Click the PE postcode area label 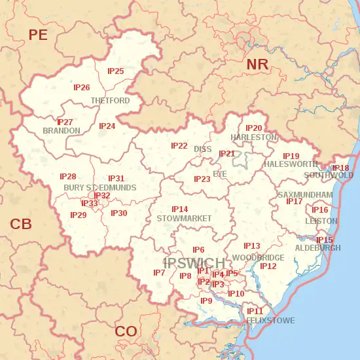point(38,35)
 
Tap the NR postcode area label point(257,64)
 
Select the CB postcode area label point(21,225)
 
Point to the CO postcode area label point(126,331)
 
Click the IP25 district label point(116,71)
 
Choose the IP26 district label point(82,87)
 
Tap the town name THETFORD point(110,101)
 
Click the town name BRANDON point(61,131)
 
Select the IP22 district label point(179,145)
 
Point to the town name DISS point(203,149)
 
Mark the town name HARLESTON point(254,137)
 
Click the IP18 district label point(340,168)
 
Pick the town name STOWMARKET point(184,218)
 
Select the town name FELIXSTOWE point(270,320)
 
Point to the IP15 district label point(325,240)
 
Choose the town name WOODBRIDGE point(258,258)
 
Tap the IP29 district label point(79,215)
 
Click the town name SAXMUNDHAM point(305,195)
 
